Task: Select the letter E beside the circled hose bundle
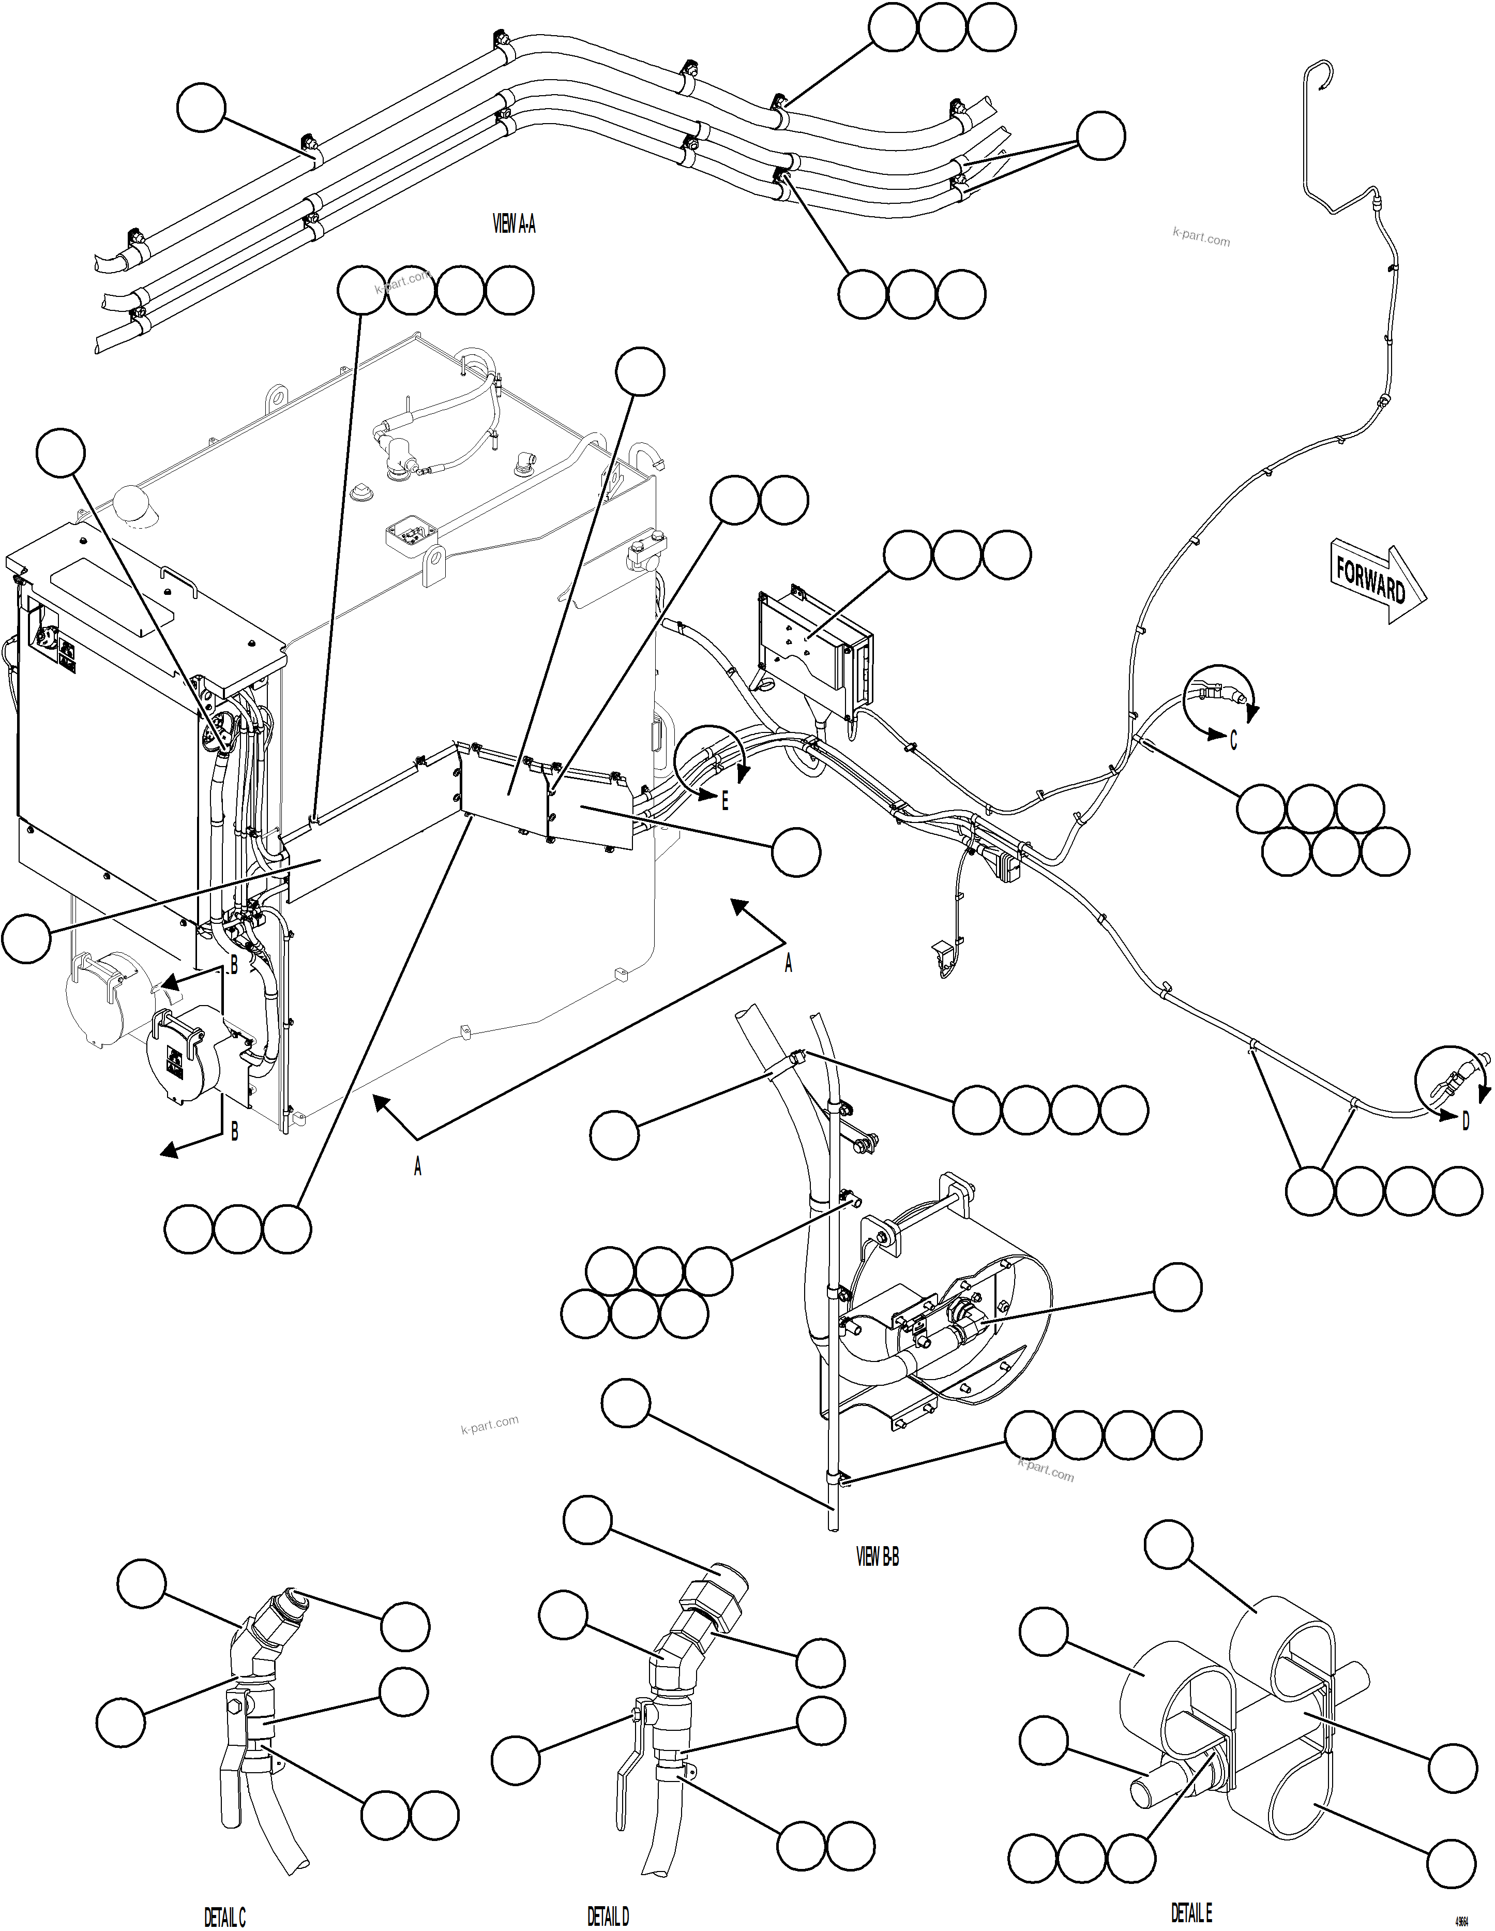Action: (725, 801)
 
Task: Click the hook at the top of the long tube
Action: (1317, 74)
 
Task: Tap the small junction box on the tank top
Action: (411, 533)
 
